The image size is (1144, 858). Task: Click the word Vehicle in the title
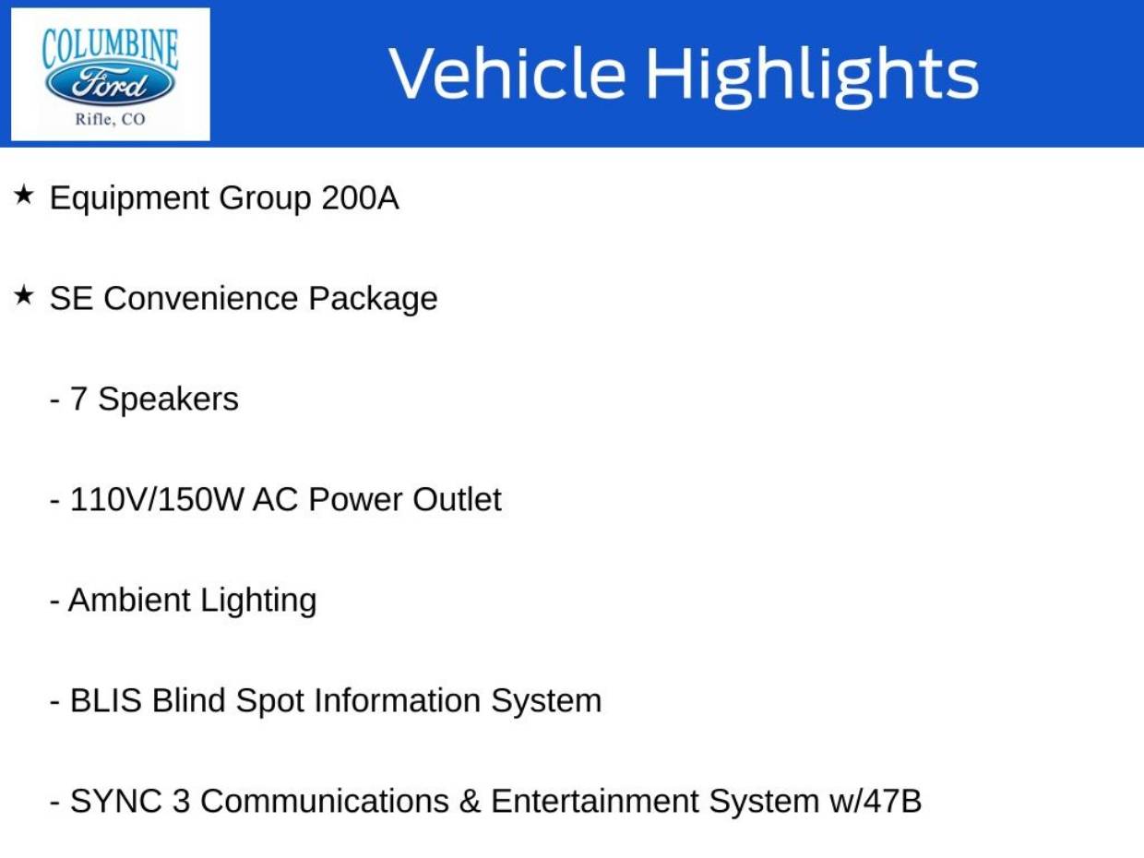pos(507,73)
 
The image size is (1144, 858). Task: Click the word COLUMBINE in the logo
pos(110,50)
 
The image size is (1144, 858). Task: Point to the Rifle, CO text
pos(111,119)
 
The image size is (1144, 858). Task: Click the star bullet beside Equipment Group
pos(23,196)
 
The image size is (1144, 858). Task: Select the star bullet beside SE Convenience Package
pos(23,296)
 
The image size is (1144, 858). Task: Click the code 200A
pos(360,198)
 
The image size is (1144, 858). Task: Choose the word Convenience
pos(201,299)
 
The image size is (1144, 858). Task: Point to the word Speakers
pos(168,400)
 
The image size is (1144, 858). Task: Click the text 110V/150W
pos(156,500)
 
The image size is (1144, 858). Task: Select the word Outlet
pos(457,500)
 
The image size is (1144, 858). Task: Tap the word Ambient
pos(129,600)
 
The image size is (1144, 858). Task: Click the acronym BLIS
pos(106,700)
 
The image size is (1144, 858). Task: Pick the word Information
pos(398,700)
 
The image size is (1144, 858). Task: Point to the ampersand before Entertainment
pos(471,801)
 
